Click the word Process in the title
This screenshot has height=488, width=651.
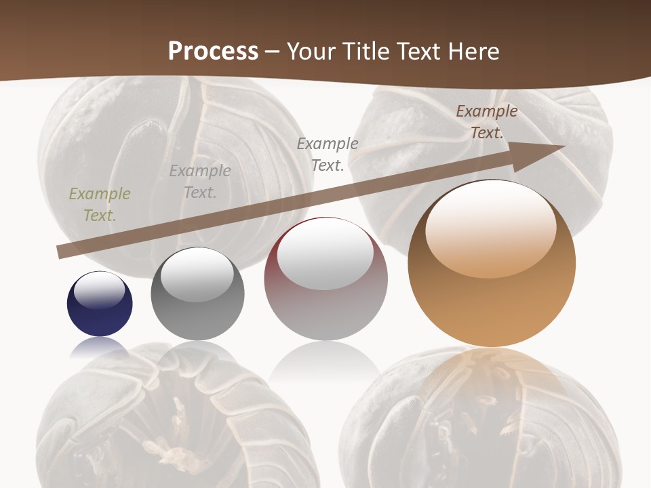pos(213,52)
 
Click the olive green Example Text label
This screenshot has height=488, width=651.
pos(99,205)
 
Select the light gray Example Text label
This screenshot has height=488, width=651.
pos(200,182)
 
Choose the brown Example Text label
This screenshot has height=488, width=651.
pos(486,122)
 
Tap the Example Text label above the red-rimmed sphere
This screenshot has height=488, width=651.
pos(328,154)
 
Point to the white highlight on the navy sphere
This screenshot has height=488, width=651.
pos(100,291)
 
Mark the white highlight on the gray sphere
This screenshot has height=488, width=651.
pos(197,275)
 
